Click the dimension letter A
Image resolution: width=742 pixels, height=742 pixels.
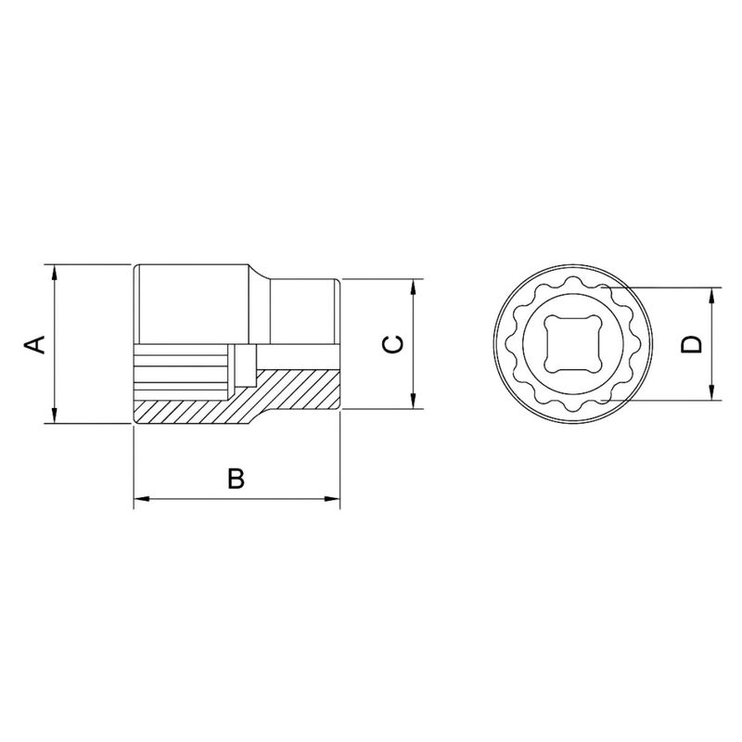pos(34,344)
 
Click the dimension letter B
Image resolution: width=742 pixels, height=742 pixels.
pos(237,479)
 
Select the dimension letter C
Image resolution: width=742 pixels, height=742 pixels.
pos(394,343)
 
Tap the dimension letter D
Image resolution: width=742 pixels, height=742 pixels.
pos(692,344)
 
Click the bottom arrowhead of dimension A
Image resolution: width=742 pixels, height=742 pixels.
pos(57,416)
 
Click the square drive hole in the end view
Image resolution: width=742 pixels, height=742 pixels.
pos(571,344)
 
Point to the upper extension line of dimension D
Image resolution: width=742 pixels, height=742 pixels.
pos(668,288)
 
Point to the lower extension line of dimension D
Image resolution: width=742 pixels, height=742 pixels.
pos(668,402)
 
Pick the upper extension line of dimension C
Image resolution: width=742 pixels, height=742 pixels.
pos(380,278)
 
